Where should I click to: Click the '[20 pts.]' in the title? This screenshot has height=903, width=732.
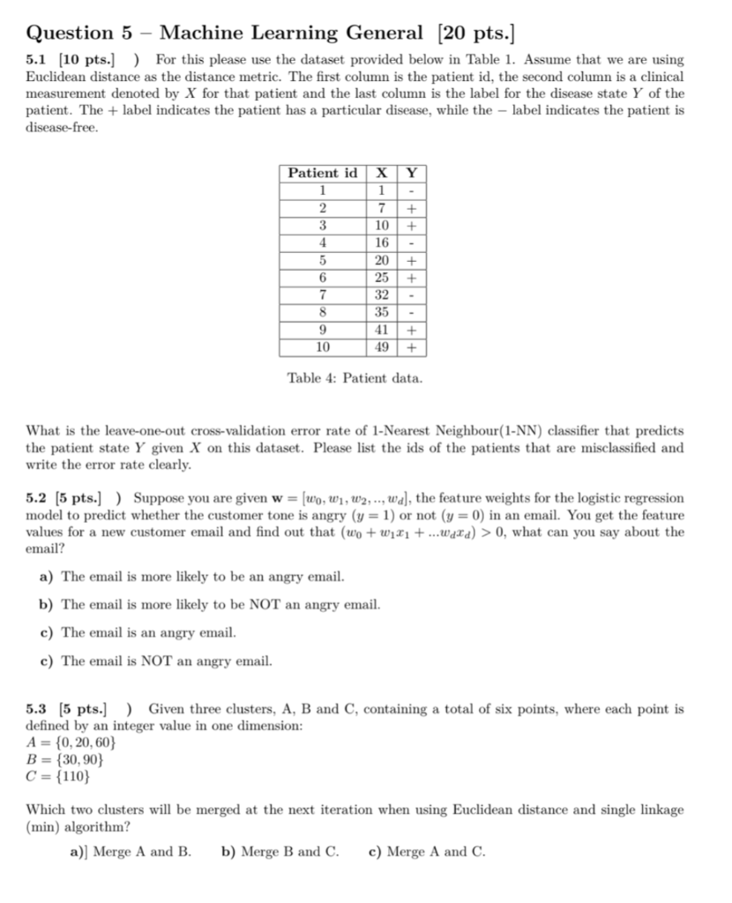473,34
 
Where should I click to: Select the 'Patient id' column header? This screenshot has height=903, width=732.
323,174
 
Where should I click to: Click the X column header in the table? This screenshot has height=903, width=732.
382,174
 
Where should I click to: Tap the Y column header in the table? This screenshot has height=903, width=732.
411,174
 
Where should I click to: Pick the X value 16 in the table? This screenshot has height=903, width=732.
382,243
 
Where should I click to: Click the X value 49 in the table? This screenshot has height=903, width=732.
382,347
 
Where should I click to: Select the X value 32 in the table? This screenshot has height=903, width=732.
382,295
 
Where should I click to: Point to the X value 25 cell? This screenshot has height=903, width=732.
382,277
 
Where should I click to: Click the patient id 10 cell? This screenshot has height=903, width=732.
323,347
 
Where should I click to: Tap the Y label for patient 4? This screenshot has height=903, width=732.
412,243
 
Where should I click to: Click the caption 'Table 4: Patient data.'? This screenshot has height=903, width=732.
355,378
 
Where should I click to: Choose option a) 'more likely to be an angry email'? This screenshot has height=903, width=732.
203,577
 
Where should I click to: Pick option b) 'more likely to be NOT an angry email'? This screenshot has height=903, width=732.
220,605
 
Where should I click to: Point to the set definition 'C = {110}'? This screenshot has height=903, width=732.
59,777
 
